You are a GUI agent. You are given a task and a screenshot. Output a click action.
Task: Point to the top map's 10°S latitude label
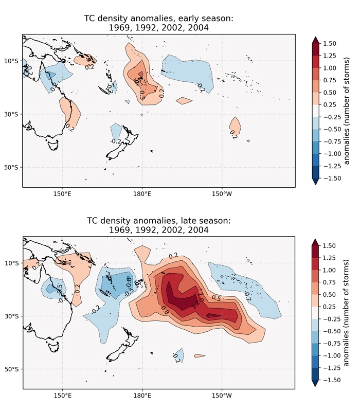coord(12,61)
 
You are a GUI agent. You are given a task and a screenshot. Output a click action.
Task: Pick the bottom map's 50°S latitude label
coord(12,369)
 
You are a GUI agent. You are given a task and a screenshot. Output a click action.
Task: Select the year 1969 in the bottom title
coord(120,230)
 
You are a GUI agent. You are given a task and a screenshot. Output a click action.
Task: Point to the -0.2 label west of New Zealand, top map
coord(115,141)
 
